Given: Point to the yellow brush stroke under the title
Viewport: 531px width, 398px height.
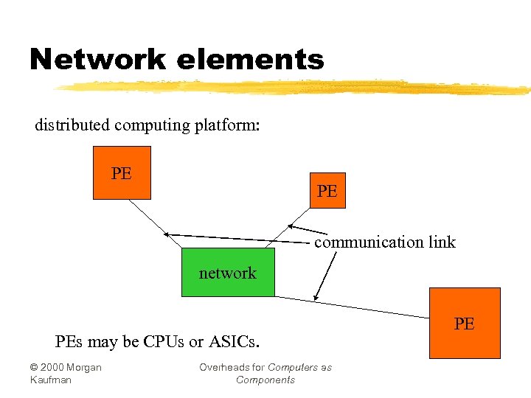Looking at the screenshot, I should (x=295, y=88).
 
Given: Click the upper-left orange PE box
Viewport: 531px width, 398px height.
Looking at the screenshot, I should (x=122, y=173).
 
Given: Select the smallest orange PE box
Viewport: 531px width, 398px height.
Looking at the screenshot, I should (x=327, y=191).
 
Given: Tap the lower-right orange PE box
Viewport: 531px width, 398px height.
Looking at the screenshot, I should (x=465, y=323).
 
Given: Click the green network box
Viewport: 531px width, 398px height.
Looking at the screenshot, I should (x=228, y=273).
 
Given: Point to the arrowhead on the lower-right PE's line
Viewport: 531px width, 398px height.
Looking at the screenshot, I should (x=316, y=297).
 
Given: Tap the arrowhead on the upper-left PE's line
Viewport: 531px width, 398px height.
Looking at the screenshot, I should (x=167, y=234).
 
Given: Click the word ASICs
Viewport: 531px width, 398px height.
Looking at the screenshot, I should (x=234, y=342).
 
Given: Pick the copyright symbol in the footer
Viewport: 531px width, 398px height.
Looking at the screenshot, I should (x=34, y=368).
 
